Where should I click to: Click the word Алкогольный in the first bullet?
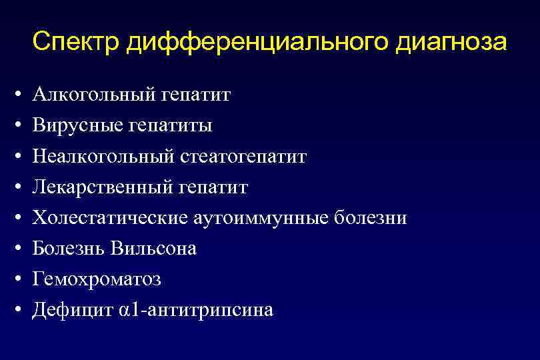95,95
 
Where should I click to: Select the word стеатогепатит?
244,157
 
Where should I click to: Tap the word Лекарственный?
103,187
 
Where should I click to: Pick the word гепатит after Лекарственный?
213,187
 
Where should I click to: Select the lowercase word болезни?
373,218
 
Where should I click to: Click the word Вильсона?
154,249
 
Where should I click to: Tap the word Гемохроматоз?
97,279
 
